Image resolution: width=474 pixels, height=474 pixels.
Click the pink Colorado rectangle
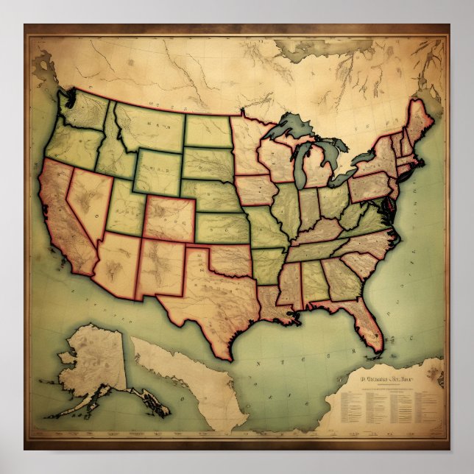coord(169,218)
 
